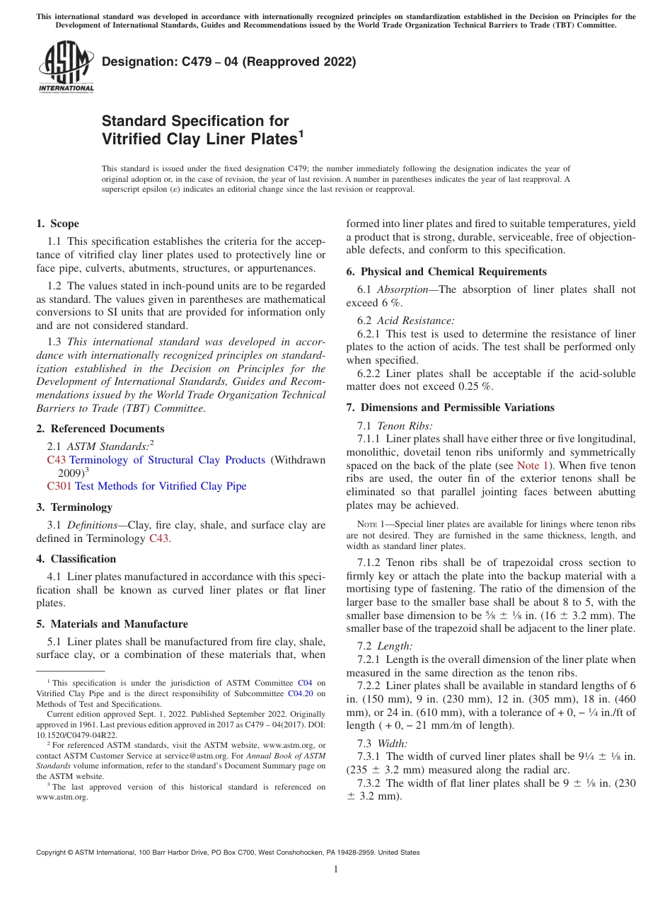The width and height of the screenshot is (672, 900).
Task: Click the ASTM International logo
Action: (x=66, y=67)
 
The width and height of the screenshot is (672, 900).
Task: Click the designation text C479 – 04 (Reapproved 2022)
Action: (x=228, y=62)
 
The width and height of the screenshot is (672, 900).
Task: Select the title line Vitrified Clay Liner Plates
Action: (x=199, y=139)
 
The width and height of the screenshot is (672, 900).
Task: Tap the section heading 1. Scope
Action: (x=57, y=224)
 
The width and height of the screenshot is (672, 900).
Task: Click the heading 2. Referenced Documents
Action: (x=100, y=429)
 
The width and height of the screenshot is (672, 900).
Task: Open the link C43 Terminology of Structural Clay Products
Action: (x=156, y=460)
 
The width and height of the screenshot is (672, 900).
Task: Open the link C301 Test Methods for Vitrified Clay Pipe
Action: (x=146, y=486)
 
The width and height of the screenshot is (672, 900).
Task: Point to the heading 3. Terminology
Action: (x=74, y=507)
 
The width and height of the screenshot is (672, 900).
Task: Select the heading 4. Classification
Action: (x=76, y=559)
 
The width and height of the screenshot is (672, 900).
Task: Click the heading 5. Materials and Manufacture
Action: (x=112, y=624)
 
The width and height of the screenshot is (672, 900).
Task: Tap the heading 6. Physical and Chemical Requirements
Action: (x=446, y=272)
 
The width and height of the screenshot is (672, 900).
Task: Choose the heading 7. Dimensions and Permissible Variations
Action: (x=450, y=408)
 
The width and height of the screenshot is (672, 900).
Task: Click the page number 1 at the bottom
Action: (x=336, y=870)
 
